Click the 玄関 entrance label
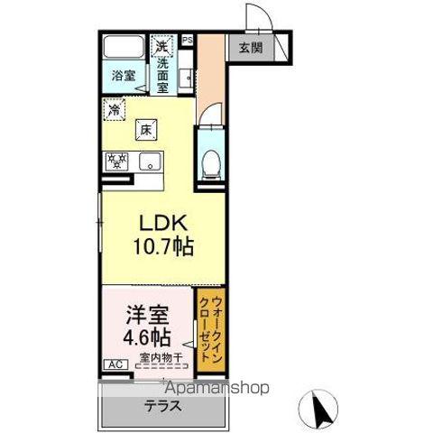251,47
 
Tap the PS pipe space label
188,40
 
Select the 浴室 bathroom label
124,76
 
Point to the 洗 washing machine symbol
161,44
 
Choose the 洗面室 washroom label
163,70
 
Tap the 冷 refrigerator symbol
115,110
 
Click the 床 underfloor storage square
144,130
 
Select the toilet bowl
210,161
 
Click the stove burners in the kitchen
117,162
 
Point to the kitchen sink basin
148,163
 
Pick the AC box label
115,364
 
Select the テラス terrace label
162,405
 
